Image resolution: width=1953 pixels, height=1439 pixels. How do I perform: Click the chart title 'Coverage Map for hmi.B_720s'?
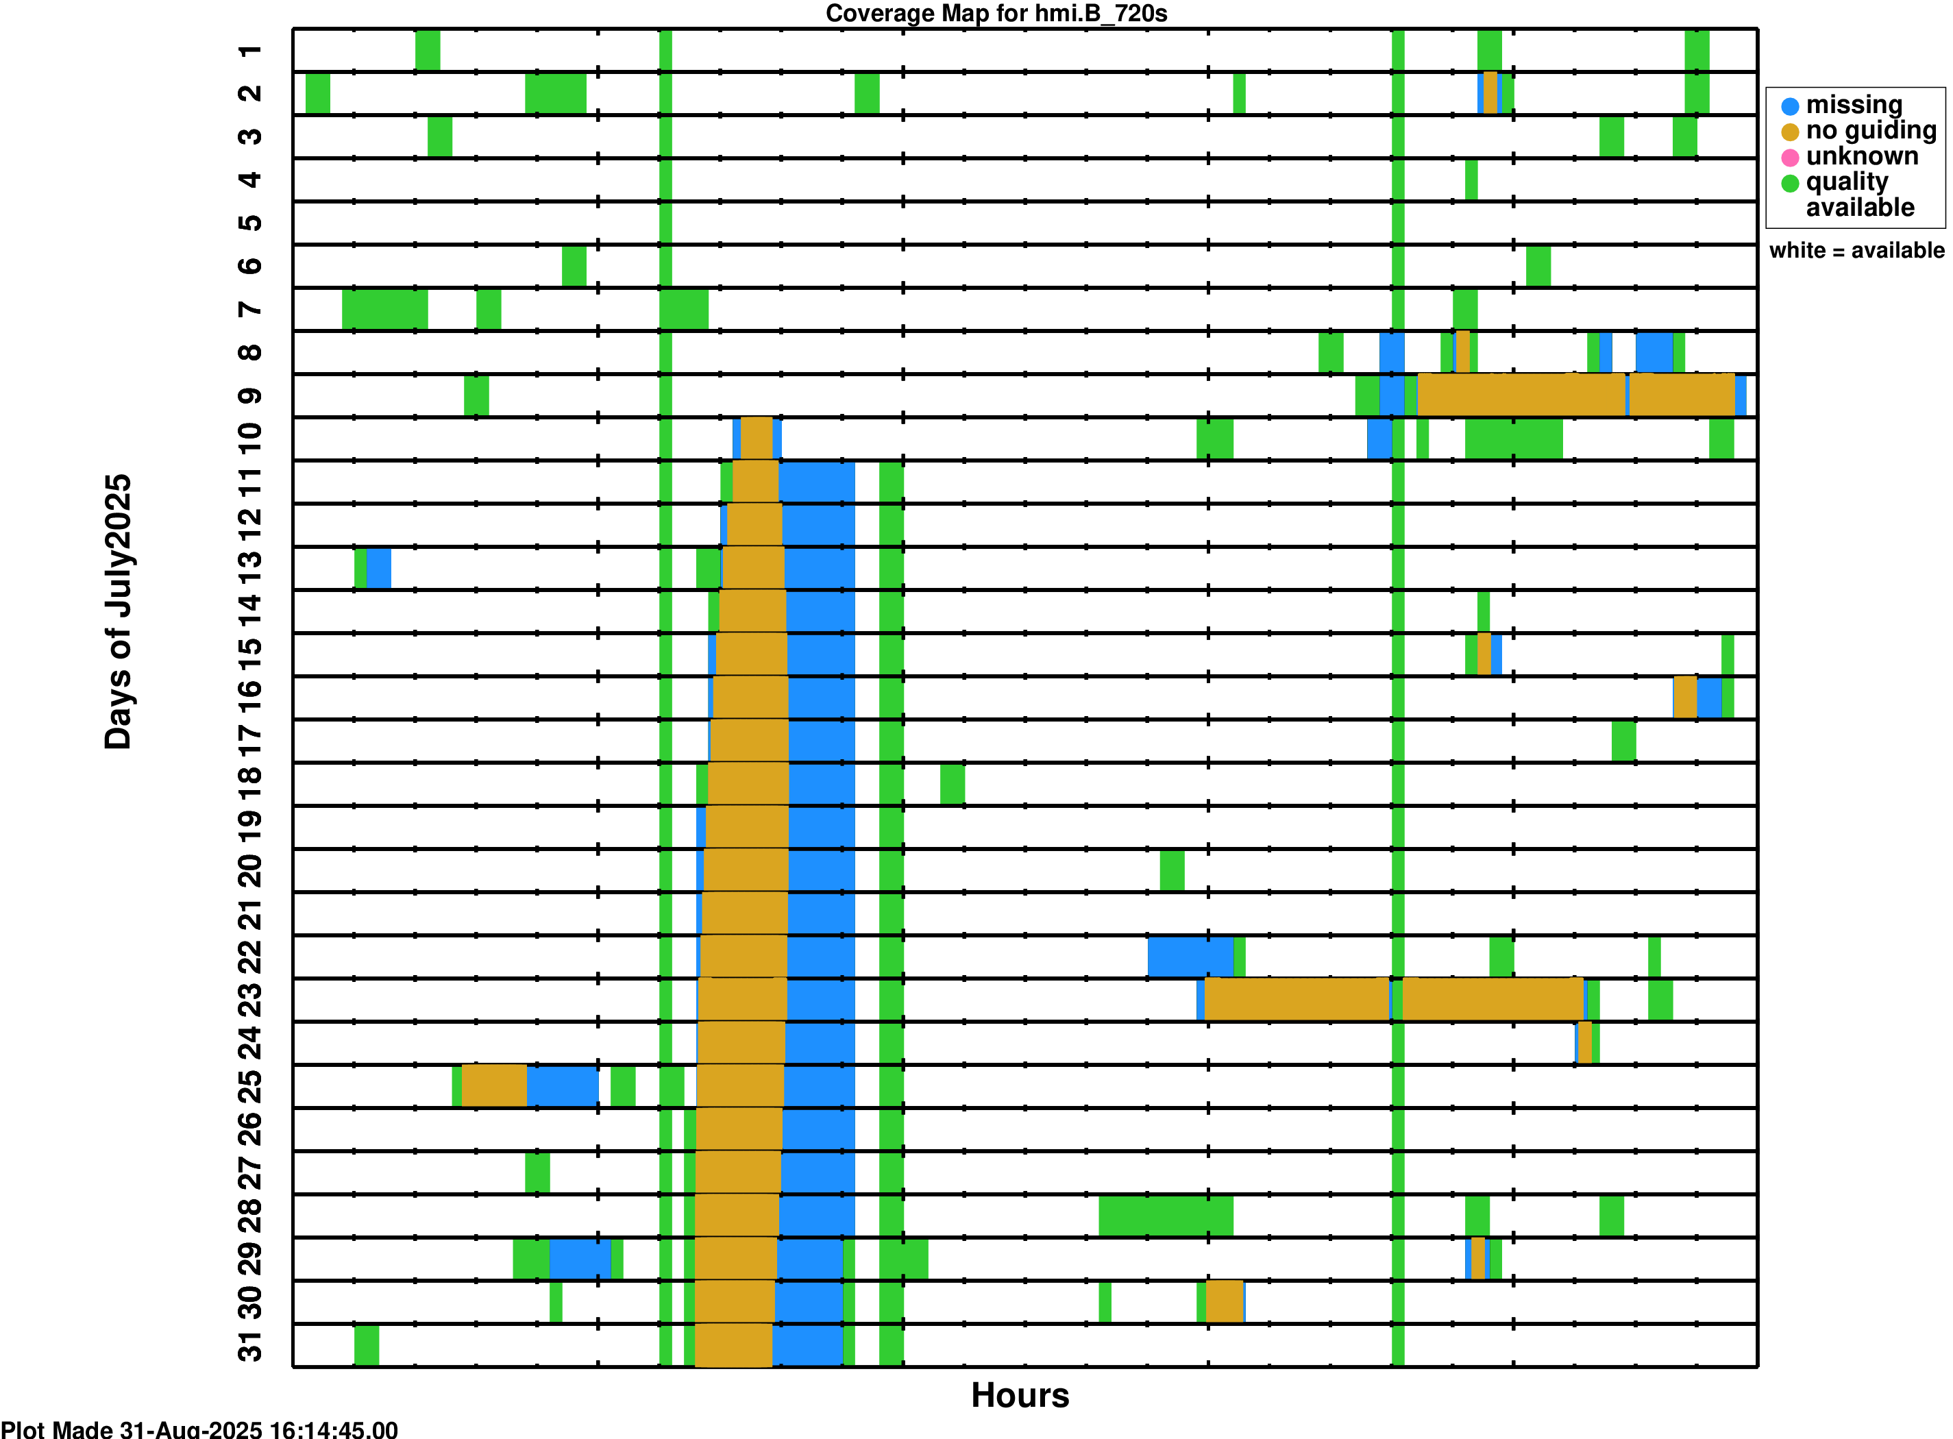click(996, 13)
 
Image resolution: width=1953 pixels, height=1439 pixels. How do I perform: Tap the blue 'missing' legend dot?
click(1789, 106)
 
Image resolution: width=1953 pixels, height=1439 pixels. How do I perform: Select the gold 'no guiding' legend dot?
click(1789, 132)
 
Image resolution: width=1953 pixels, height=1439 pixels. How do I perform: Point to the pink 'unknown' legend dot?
click(1789, 158)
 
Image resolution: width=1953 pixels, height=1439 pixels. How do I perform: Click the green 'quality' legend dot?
click(1789, 183)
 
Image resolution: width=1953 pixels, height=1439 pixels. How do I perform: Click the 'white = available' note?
click(1856, 251)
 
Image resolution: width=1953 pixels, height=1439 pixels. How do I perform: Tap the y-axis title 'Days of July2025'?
click(118, 611)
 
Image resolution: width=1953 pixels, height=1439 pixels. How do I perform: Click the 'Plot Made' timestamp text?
click(199, 1429)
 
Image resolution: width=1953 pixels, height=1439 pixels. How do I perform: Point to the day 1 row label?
click(250, 51)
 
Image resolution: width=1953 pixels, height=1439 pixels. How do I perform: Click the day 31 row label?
click(250, 1346)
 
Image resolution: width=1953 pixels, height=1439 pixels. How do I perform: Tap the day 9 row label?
click(250, 396)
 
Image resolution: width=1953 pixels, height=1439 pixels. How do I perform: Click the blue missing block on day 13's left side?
click(378, 569)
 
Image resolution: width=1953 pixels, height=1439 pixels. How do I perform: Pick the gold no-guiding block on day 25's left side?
click(494, 1086)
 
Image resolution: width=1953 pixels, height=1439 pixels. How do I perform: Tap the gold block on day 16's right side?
click(1684, 698)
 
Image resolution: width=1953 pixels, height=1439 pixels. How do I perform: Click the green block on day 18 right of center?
click(952, 784)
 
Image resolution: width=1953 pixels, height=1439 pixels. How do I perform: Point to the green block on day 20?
click(1172, 870)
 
